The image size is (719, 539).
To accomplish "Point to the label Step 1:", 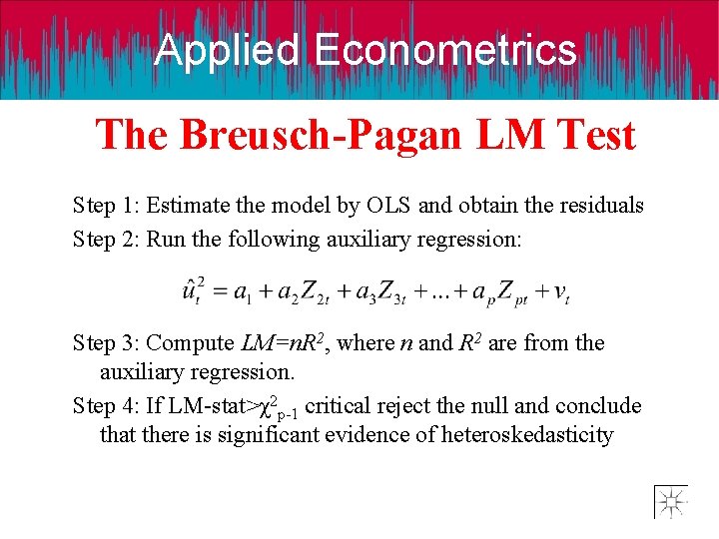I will point(105,207).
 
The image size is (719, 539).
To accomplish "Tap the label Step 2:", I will point(105,240).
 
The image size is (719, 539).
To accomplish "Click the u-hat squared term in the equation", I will point(195,290).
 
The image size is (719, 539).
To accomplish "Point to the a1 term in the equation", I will point(243,292).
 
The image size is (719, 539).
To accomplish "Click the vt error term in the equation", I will point(561,292).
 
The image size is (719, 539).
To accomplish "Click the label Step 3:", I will point(105,343).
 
